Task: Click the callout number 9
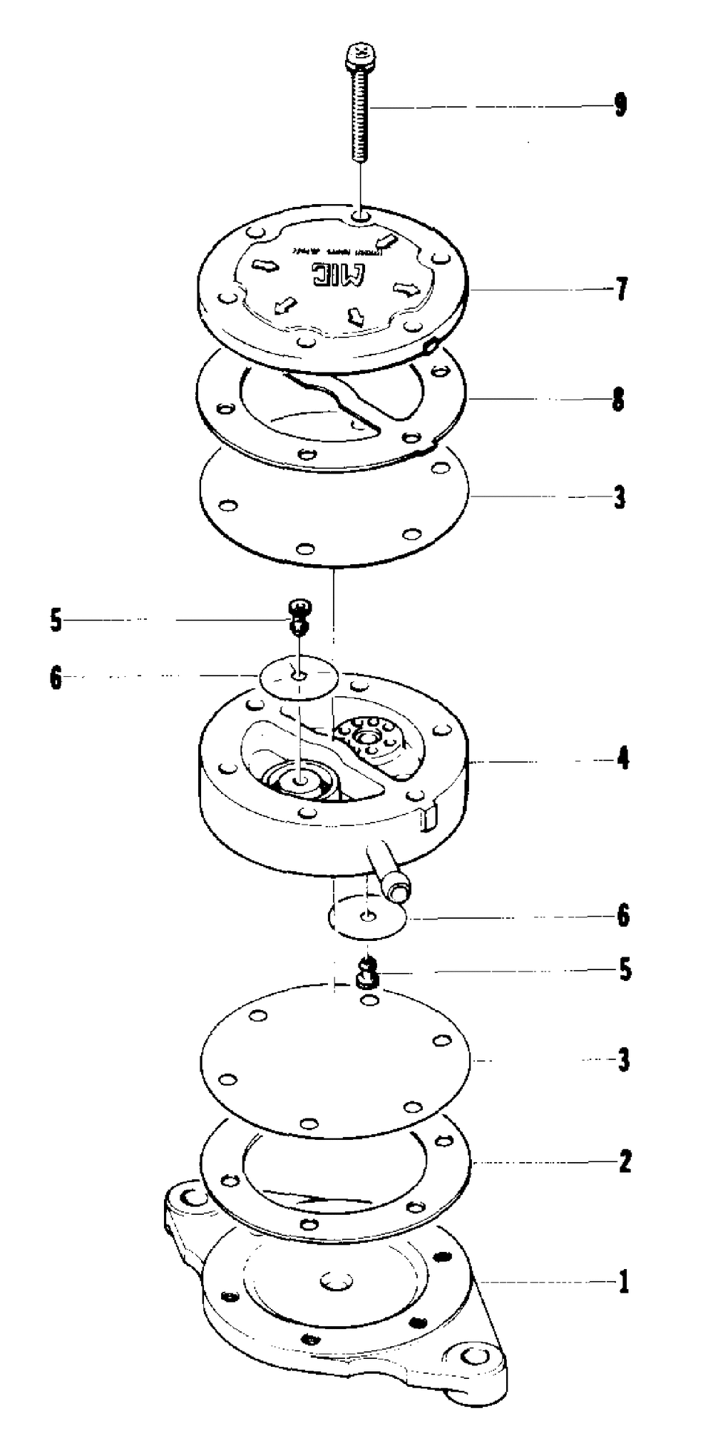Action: [x=620, y=106]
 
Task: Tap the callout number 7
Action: [x=621, y=290]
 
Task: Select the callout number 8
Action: [x=618, y=400]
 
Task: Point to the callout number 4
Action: [x=623, y=758]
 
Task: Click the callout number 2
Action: [x=625, y=1162]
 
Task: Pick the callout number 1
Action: [x=624, y=1282]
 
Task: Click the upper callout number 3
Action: [x=620, y=497]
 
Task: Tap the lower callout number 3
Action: [x=624, y=1060]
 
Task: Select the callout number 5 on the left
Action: [x=56, y=621]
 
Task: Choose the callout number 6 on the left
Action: [x=56, y=678]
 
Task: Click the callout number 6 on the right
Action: [x=623, y=915]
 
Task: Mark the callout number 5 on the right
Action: [x=625, y=969]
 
